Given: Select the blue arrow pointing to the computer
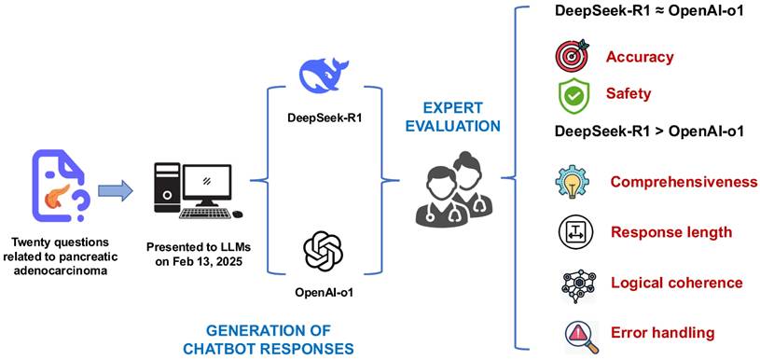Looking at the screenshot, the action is [x=116, y=189].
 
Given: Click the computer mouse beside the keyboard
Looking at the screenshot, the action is [x=238, y=214].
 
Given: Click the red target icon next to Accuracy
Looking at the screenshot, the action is [x=572, y=56].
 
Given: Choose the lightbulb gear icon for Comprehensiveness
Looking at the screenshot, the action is [x=572, y=182].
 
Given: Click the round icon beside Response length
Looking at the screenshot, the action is [x=573, y=231].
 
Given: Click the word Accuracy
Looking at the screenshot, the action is [x=640, y=57].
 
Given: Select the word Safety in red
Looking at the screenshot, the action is [x=628, y=93].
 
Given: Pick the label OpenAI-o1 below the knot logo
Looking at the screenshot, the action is [x=323, y=294].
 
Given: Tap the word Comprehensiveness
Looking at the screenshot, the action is [x=684, y=182].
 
